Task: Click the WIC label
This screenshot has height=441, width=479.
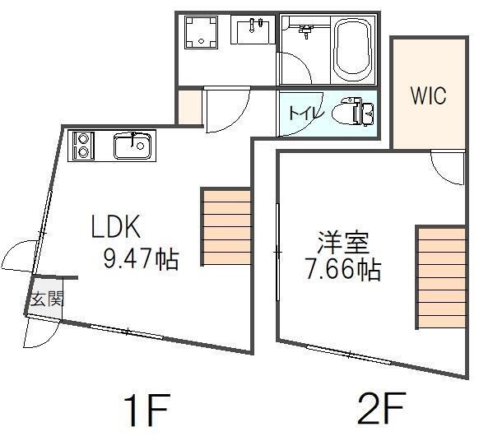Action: click(428, 95)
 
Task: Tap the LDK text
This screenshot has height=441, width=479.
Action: click(116, 226)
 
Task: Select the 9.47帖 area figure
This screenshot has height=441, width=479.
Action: click(141, 258)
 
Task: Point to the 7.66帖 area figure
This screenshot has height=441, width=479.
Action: click(343, 270)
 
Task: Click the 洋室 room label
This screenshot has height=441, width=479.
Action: click(343, 243)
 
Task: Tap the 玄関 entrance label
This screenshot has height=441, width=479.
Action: click(48, 299)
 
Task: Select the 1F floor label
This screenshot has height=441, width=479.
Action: click(146, 411)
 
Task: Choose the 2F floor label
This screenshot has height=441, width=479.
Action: click(382, 408)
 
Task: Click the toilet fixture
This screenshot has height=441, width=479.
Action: click(352, 111)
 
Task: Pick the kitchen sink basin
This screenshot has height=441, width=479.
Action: click(133, 146)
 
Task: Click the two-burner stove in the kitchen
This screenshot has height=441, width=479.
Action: click(81, 146)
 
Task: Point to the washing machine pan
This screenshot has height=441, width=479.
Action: click(201, 32)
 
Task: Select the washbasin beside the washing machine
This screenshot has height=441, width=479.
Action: click(253, 30)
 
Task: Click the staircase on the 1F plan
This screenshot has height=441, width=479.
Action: click(226, 227)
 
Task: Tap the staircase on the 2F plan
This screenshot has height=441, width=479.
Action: click(441, 277)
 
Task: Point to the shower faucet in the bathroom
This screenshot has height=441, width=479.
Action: click(306, 31)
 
